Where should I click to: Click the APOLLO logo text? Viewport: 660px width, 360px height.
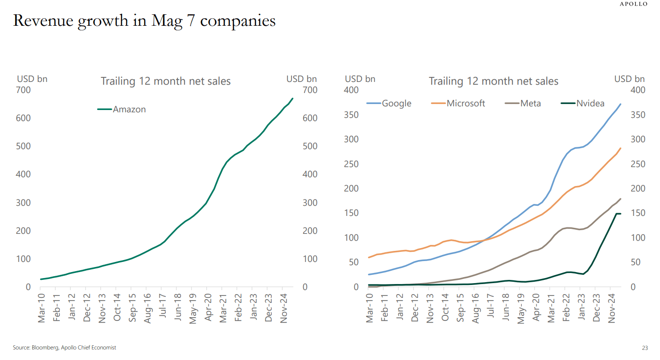pyautogui.click(x=633, y=4)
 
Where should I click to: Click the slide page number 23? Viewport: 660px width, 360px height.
pyautogui.click(x=644, y=348)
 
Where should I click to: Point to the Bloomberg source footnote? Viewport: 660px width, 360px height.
pyautogui.click(x=64, y=348)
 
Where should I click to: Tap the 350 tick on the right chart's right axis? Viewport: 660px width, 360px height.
pyautogui.click(x=637, y=115)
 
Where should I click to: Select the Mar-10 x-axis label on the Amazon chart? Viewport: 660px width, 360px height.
pyautogui.click(x=41, y=308)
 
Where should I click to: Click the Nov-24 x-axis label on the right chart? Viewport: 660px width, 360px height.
pyautogui.click(x=611, y=308)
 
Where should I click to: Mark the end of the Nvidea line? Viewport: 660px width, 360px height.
pyautogui.click(x=620, y=214)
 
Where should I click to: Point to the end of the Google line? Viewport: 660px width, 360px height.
pyautogui.click(x=620, y=104)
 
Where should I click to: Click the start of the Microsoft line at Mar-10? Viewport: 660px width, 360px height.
pyautogui.click(x=369, y=257)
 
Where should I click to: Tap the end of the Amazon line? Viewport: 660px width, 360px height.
pyautogui.click(x=293, y=99)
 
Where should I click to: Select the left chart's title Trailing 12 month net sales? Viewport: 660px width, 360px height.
pyautogui.click(x=165, y=81)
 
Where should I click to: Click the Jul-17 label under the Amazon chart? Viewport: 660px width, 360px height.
pyautogui.click(x=162, y=308)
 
